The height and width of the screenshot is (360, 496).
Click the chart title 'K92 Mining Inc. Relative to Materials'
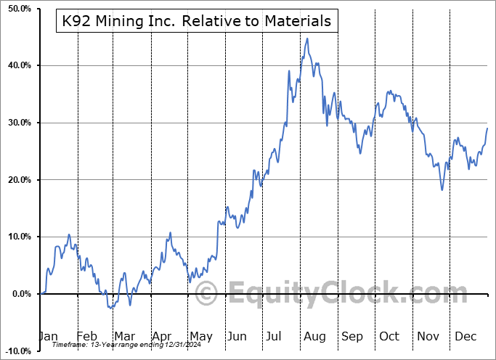click(x=194, y=22)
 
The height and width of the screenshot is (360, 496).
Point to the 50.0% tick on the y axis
click(x=17, y=9)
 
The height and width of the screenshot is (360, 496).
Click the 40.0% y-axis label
click(x=17, y=66)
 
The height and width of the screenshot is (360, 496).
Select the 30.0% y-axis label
click(x=17, y=123)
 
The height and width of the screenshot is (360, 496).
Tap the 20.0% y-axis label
click(x=17, y=180)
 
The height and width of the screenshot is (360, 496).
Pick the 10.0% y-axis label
click(x=17, y=237)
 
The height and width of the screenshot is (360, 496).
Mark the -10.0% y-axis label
click(x=16, y=351)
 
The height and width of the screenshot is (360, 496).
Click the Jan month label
click(x=49, y=337)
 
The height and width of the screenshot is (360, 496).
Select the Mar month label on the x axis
click(x=123, y=337)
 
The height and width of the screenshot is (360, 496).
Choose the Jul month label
click(x=275, y=337)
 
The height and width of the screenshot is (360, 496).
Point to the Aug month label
click(x=314, y=337)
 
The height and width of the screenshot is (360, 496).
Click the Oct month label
click(x=389, y=337)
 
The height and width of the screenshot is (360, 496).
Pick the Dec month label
click(x=465, y=337)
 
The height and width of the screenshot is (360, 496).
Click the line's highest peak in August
click(x=307, y=38)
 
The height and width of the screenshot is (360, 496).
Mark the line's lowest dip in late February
click(x=110, y=308)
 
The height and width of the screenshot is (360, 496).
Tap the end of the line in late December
click(x=487, y=128)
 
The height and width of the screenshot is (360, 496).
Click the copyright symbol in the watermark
click(x=207, y=294)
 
